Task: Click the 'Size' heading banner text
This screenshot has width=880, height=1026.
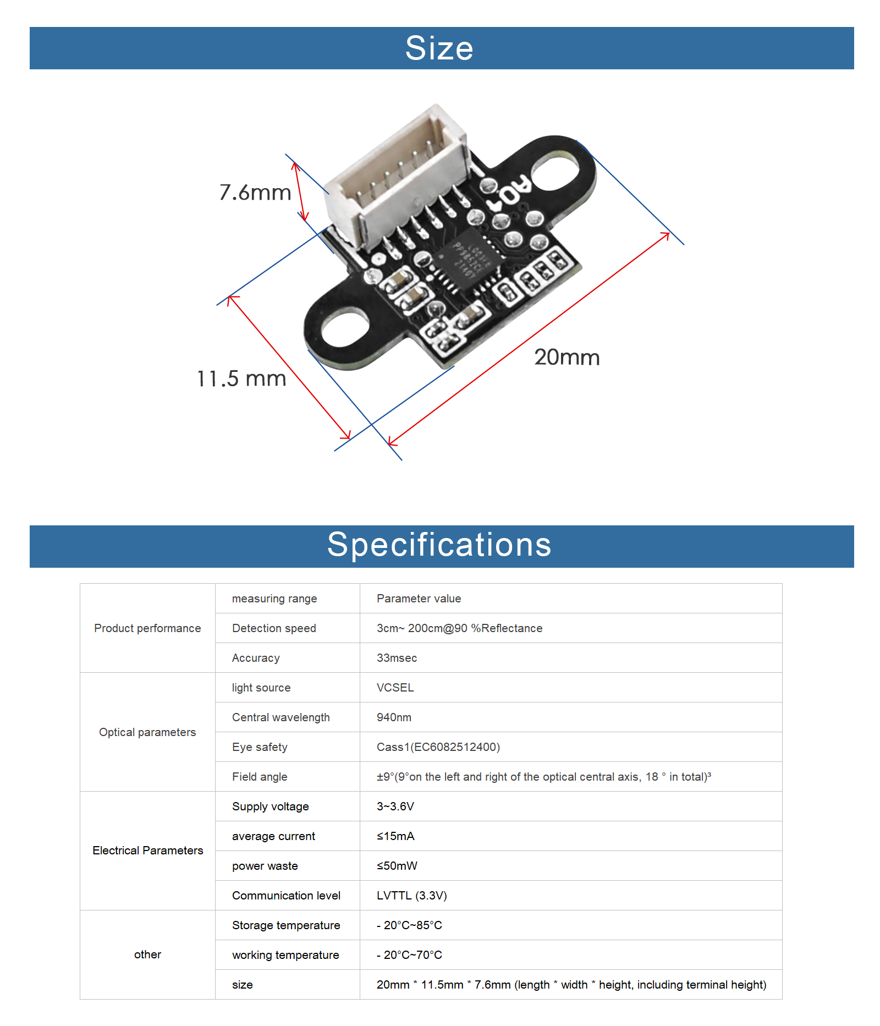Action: click(439, 48)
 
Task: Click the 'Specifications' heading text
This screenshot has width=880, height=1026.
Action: click(439, 545)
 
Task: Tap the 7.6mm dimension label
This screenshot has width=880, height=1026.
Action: click(255, 193)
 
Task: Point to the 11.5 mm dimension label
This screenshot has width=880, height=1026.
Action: click(242, 378)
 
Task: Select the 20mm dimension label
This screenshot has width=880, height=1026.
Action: click(567, 358)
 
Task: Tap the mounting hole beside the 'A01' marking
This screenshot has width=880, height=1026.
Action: click(555, 170)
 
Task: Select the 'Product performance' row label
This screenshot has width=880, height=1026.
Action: click(147, 628)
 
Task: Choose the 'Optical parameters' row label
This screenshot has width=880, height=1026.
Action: click(147, 732)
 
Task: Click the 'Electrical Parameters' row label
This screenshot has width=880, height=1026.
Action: click(147, 851)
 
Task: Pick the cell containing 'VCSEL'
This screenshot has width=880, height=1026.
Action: click(571, 688)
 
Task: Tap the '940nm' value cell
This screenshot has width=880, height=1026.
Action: click(571, 717)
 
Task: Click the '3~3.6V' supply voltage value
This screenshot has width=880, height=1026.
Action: click(395, 806)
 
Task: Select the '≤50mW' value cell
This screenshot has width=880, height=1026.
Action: click(571, 866)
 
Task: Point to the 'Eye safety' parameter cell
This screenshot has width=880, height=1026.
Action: click(288, 747)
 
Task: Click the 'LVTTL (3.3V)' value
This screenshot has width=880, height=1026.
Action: click(412, 896)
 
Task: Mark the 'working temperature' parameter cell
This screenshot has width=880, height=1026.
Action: click(288, 955)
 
